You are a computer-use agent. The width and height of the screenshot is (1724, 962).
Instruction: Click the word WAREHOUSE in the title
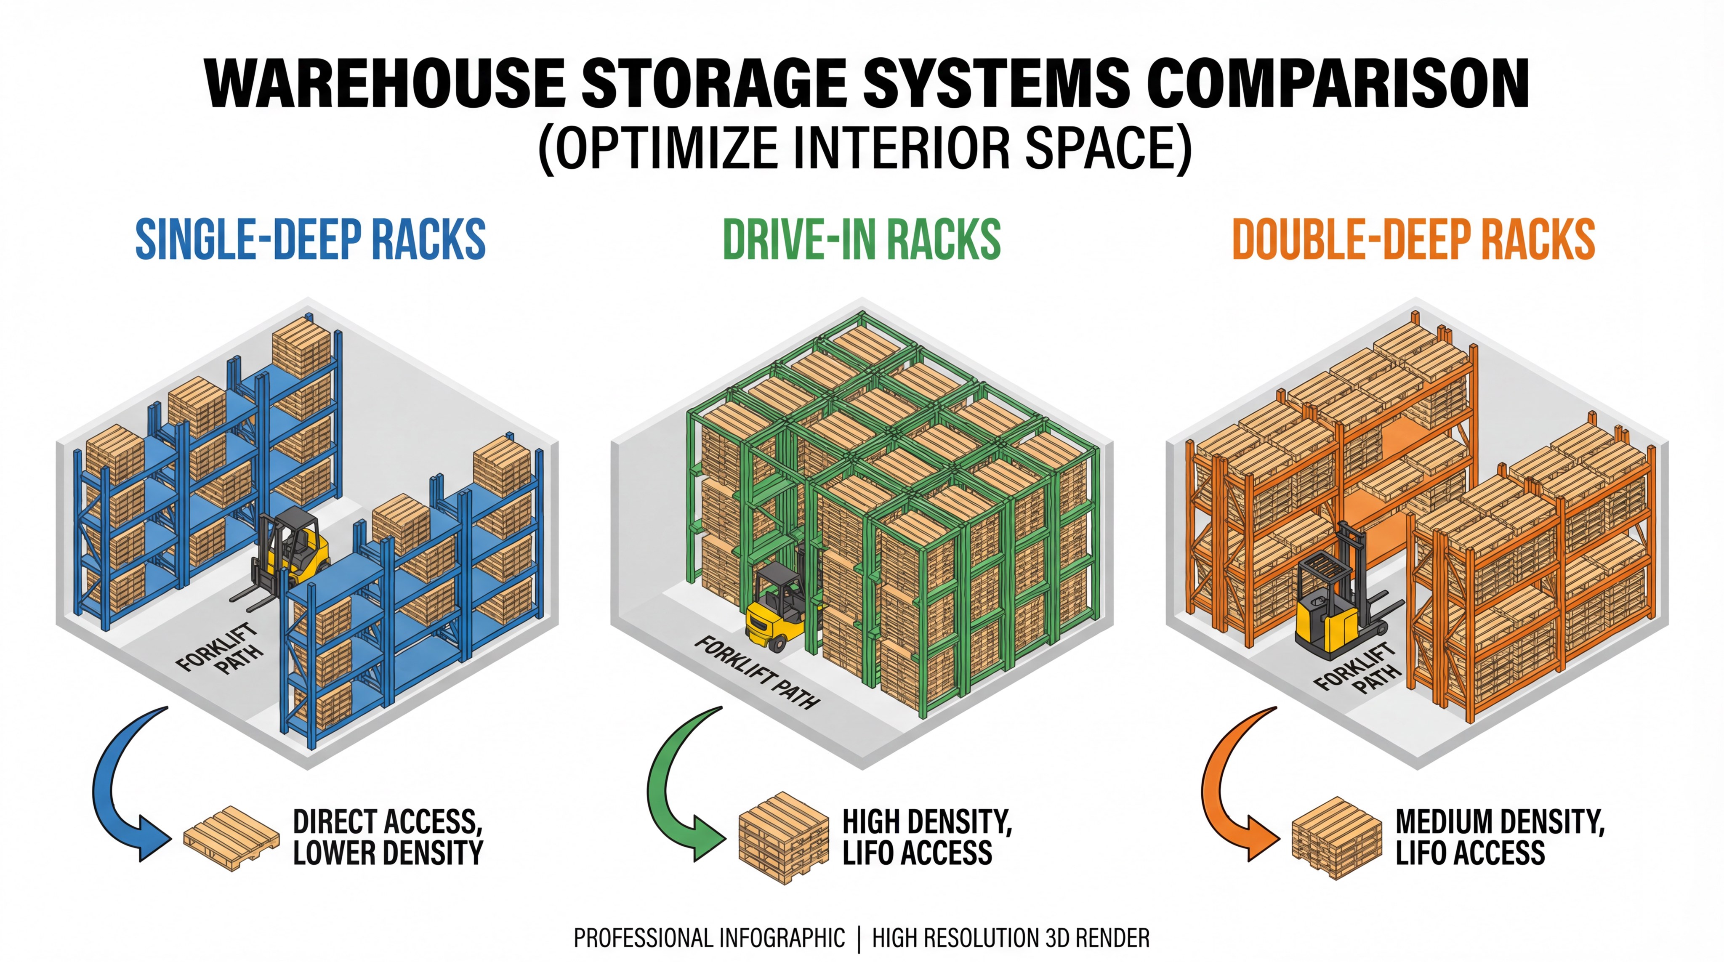point(385,84)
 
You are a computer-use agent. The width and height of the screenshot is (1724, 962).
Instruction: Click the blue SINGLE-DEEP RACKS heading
point(311,239)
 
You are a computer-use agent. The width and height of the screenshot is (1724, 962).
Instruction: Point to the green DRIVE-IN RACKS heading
point(862,239)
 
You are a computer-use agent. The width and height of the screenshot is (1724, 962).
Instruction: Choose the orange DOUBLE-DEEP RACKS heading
point(1413,239)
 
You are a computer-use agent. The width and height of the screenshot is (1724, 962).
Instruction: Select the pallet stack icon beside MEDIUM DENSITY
point(1336,839)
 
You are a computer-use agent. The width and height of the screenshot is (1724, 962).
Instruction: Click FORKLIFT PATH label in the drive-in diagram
point(756,672)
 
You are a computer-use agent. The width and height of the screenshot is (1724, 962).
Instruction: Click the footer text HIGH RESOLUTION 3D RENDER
point(1011,938)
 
